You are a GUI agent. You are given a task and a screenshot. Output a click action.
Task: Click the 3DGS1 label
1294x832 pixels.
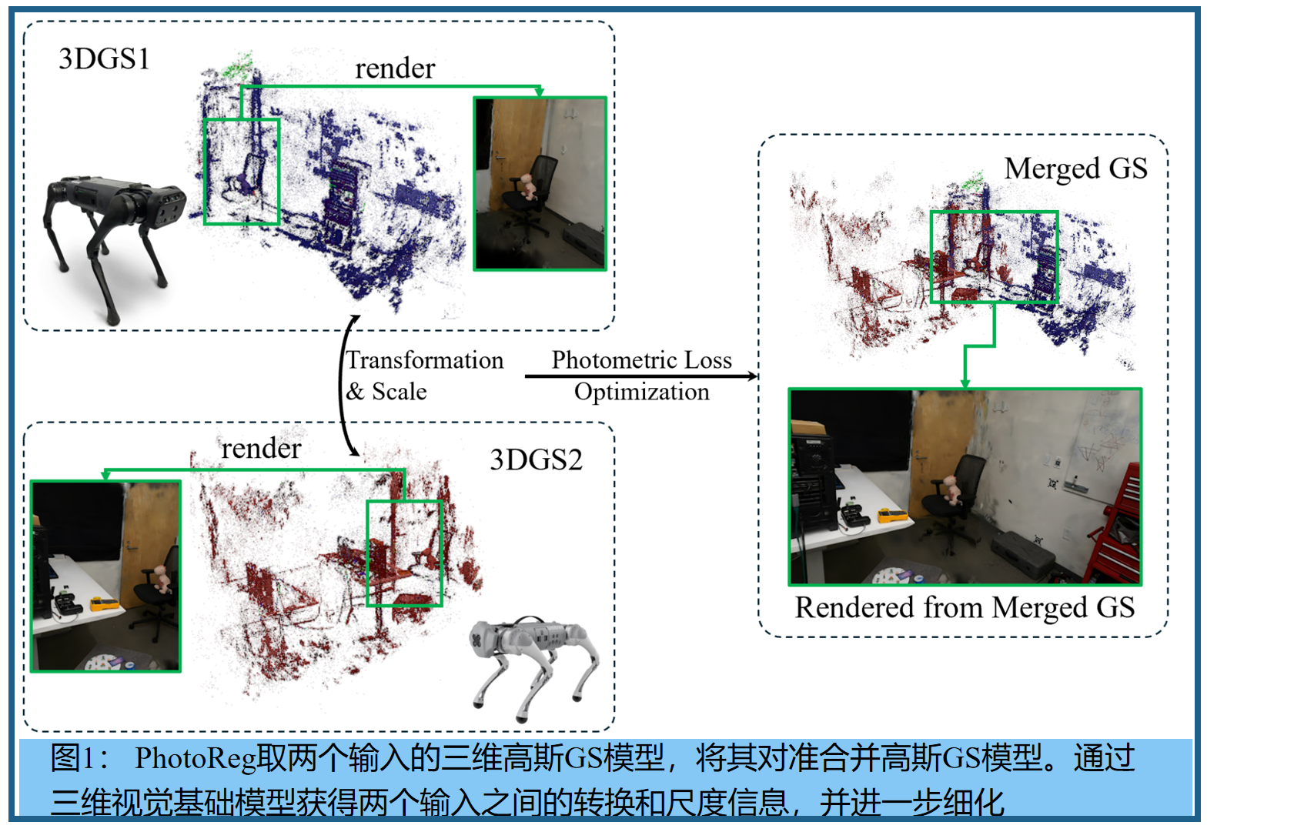(x=105, y=59)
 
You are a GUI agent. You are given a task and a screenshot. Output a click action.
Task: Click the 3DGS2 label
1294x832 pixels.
(x=536, y=460)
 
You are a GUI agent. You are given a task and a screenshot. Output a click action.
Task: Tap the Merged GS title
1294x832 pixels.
(x=1075, y=169)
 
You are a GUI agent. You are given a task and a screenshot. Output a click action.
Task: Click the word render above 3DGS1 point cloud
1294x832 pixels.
(x=395, y=69)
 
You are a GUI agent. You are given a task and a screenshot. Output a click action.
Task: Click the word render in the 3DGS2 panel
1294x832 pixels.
(x=261, y=449)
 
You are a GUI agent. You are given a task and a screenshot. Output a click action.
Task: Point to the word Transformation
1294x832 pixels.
(x=425, y=360)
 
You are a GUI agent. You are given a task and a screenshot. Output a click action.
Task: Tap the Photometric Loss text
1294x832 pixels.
(x=641, y=360)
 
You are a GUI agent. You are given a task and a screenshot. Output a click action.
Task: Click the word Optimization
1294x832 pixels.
(x=641, y=392)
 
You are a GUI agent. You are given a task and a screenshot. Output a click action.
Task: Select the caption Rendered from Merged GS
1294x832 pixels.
(x=965, y=608)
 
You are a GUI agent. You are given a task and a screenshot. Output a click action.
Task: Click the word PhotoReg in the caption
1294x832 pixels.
(x=195, y=759)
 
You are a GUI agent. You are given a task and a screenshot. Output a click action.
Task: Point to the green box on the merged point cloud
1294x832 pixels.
(x=994, y=257)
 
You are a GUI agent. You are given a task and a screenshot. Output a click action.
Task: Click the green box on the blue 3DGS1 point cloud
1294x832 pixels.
(x=241, y=172)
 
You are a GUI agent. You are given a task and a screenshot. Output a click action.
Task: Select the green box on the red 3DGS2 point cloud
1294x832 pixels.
(x=404, y=553)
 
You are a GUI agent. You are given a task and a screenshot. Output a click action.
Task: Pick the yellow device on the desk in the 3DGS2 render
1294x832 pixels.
(x=104, y=603)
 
